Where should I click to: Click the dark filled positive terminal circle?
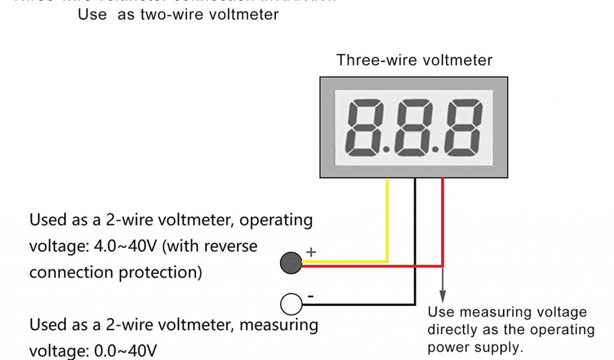pyautogui.click(x=290, y=263)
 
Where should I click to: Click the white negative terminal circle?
pyautogui.click(x=290, y=304)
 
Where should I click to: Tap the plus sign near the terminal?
pyautogui.click(x=311, y=252)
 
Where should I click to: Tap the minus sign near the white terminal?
pyautogui.click(x=310, y=296)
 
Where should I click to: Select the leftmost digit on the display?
pyautogui.click(x=365, y=127)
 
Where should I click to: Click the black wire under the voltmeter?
pyautogui.click(x=414, y=240)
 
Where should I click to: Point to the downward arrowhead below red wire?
pyautogui.click(x=443, y=296)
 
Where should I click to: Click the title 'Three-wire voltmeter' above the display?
pyautogui.click(x=414, y=60)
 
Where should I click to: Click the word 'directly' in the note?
pyautogui.click(x=455, y=330)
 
